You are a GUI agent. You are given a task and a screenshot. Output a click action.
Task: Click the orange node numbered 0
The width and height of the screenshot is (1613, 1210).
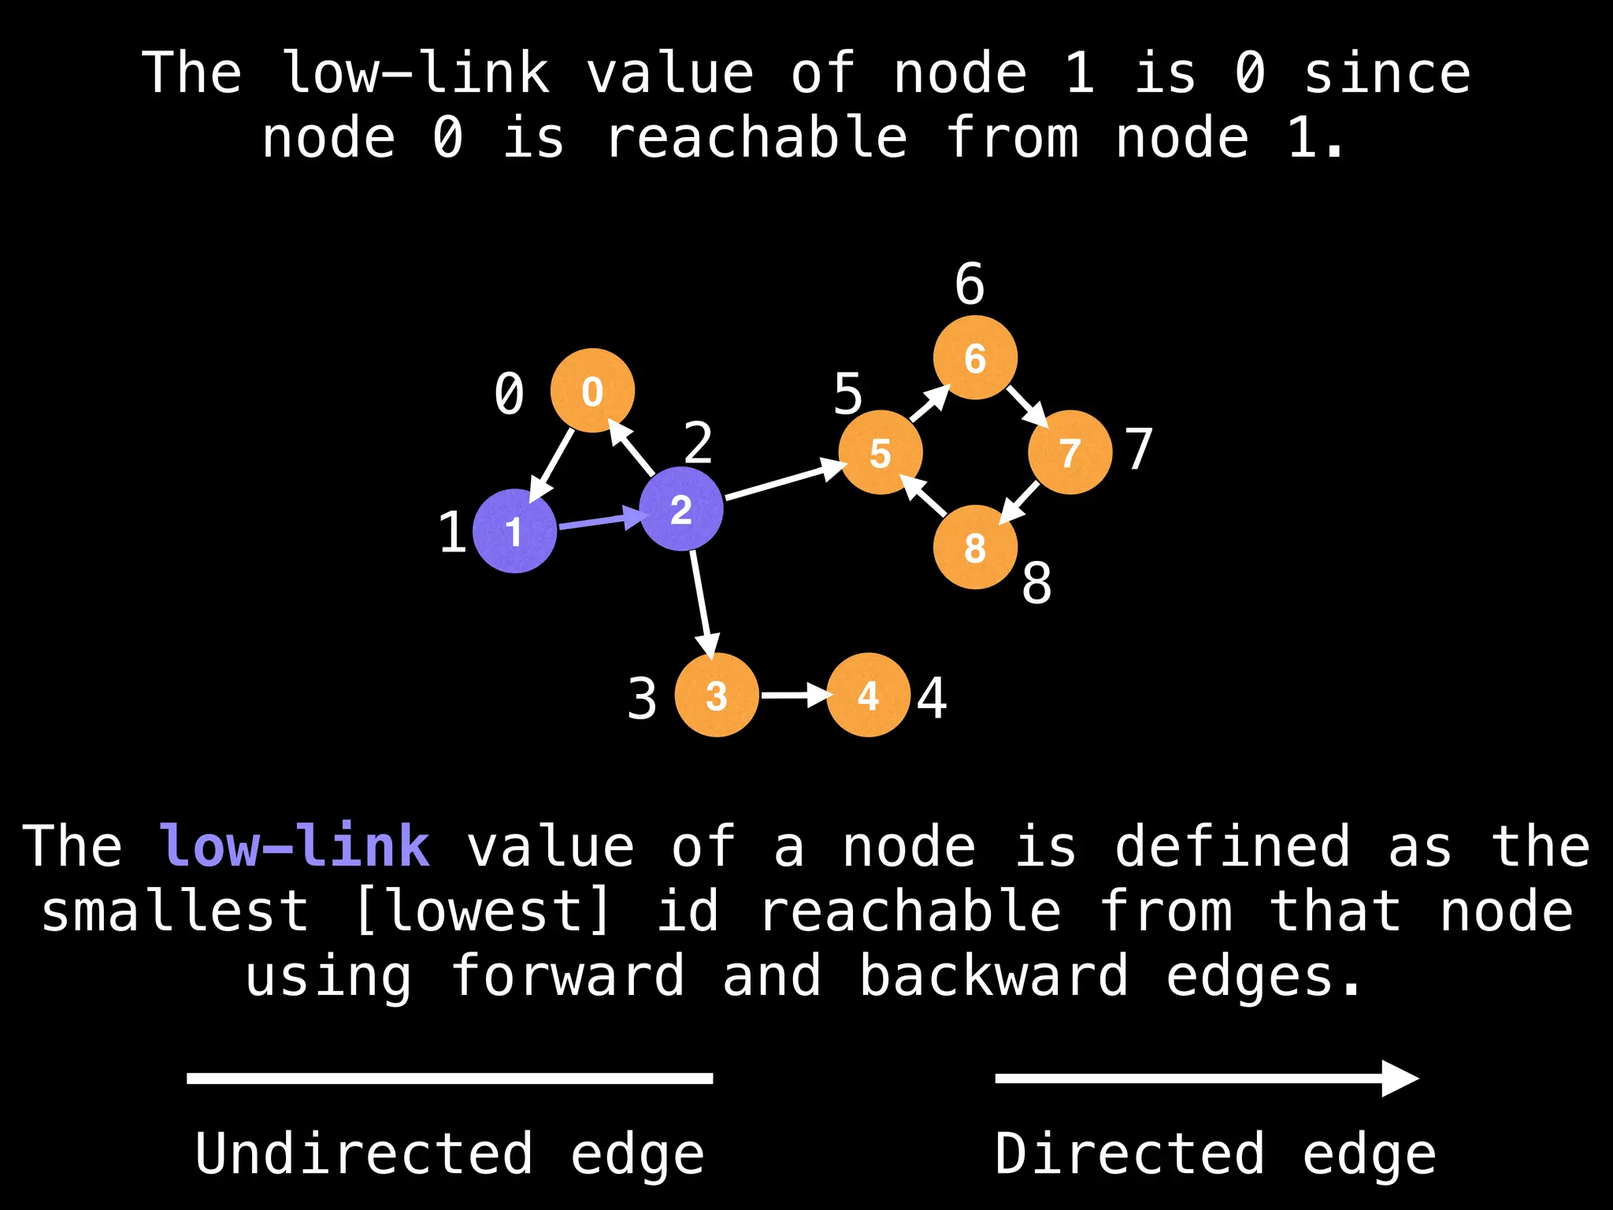coord(592,391)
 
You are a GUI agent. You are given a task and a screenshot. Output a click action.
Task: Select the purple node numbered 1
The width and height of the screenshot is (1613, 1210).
coord(515,531)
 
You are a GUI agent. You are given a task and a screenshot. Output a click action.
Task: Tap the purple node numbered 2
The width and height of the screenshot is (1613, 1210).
coord(681,509)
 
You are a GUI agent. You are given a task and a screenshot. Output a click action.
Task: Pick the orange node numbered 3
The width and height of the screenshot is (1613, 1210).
coord(717,695)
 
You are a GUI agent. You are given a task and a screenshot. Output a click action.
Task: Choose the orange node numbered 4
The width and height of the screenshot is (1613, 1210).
coord(869,695)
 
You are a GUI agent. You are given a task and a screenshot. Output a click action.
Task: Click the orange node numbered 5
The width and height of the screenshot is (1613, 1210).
coord(881,452)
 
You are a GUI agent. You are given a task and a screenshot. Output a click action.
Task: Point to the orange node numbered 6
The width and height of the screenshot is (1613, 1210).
coord(975,358)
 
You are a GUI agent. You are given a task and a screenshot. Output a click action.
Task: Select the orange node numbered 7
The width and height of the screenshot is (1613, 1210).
coord(1070,452)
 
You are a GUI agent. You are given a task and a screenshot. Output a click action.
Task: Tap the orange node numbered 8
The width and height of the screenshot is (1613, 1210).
coord(975,547)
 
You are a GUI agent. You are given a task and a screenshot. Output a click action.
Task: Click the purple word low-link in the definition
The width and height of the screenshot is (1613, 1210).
coord(295,846)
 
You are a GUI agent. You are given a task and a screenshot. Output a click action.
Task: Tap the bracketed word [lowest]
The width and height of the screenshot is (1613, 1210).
coord(483,911)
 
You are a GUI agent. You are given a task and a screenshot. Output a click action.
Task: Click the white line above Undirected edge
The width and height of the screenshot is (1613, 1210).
coord(450,1078)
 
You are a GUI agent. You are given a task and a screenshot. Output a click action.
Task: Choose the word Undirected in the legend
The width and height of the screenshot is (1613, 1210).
coord(364,1153)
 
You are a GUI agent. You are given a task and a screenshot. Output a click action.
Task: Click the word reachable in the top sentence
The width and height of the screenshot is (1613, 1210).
coord(757,138)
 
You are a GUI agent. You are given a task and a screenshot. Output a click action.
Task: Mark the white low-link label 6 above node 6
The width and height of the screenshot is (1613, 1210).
coord(970,284)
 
